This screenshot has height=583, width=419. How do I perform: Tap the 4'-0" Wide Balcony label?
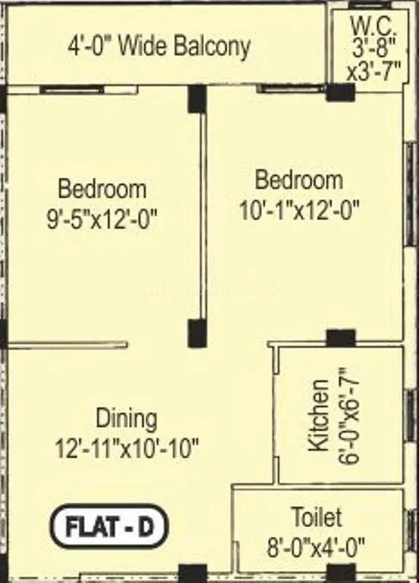(x=160, y=47)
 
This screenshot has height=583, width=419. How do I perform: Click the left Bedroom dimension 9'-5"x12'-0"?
(x=102, y=218)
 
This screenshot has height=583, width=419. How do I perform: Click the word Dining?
(x=126, y=419)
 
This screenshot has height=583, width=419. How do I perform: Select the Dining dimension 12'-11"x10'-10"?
(x=127, y=447)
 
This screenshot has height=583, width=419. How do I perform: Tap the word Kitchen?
(x=318, y=425)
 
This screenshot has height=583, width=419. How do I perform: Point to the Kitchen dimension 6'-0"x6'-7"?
(x=345, y=425)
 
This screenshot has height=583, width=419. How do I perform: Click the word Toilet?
(x=316, y=517)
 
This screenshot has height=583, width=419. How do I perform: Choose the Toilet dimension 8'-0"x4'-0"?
(x=317, y=544)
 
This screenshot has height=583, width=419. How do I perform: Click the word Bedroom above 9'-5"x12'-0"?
(x=102, y=189)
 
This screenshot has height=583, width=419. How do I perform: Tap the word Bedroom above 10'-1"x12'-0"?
(x=299, y=179)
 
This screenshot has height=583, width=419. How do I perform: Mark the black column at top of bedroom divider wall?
(x=197, y=99)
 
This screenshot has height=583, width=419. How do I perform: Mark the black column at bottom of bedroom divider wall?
(x=197, y=333)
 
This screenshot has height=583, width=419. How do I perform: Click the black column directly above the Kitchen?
(x=340, y=338)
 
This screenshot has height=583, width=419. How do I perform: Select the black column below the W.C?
(x=340, y=93)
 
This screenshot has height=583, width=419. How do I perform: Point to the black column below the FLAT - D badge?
(x=192, y=574)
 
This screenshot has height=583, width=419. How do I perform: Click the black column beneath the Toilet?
(x=341, y=574)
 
